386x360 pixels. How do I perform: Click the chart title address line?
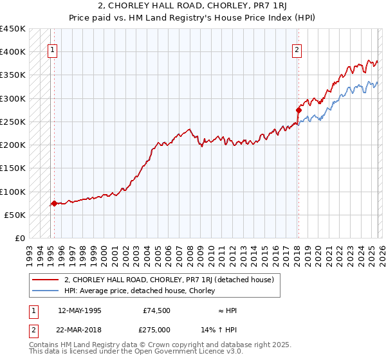click(192, 6)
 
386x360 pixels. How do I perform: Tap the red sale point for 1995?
click(54, 203)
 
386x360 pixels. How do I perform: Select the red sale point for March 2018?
click(299, 110)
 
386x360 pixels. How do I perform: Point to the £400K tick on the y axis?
click(13, 52)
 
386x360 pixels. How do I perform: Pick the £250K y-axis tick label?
click(13, 122)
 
